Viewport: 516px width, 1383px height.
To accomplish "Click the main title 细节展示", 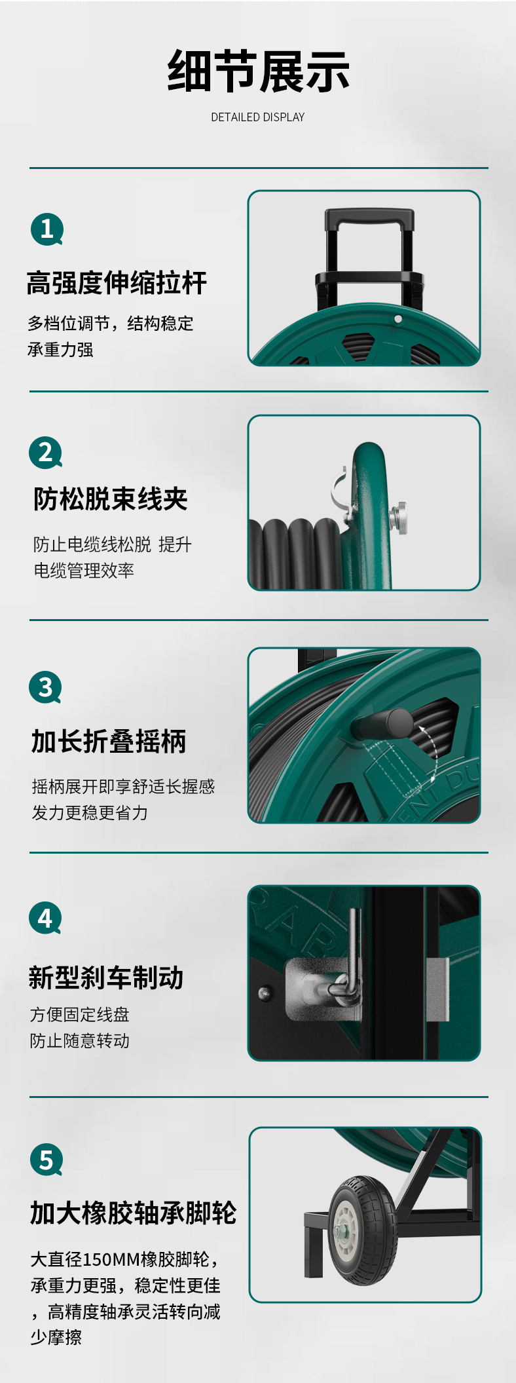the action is click(258, 71).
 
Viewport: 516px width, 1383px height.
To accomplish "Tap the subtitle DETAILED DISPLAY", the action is click(258, 117).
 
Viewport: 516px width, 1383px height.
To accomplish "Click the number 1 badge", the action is click(47, 229).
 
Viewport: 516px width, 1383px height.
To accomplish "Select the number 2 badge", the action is click(46, 453).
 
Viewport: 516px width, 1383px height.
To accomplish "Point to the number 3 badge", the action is click(46, 687).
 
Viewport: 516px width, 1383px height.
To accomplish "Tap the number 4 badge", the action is click(46, 919).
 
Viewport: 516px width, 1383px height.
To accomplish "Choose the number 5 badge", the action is click(46, 1160).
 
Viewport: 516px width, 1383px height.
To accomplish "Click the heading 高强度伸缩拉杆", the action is click(117, 283).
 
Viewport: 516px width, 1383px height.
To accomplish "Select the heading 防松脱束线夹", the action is click(111, 499).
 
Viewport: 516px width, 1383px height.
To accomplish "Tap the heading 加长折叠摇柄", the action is click(109, 742).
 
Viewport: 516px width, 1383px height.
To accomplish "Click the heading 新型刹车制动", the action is click(106, 977).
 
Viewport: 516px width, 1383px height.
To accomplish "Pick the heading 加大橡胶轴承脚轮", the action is click(134, 1213).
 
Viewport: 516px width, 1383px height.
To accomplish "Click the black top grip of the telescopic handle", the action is click(369, 218).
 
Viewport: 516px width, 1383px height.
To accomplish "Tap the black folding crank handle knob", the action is click(382, 725).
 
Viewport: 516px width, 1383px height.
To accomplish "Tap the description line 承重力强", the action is click(60, 350).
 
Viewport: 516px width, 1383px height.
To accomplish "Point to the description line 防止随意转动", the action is click(80, 1040).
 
